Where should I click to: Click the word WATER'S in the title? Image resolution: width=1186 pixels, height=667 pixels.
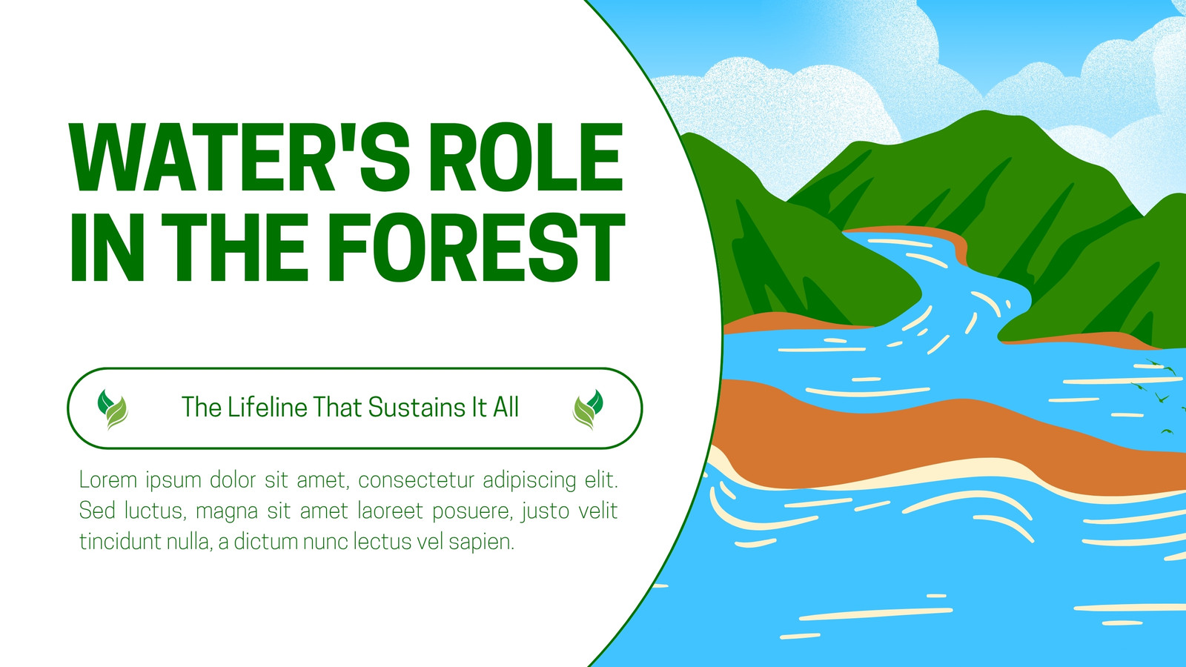pos(240,157)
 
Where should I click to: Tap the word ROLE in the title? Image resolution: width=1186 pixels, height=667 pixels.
pos(526,157)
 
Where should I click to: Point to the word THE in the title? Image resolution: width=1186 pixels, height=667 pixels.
pos(234,248)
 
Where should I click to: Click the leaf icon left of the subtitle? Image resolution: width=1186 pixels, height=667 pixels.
pos(113,409)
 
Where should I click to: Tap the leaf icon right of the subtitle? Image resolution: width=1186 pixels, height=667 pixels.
pos(589,409)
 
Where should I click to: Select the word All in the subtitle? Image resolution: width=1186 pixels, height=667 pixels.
pos(506,407)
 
